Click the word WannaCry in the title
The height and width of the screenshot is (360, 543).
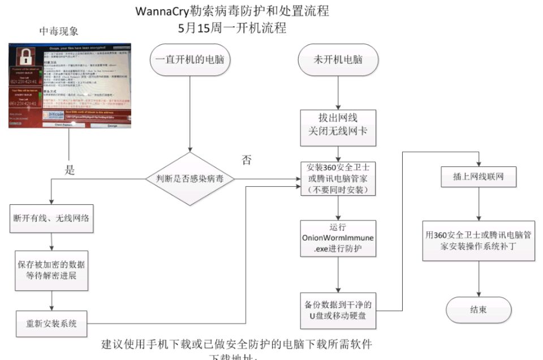pyautogui.click(x=163, y=11)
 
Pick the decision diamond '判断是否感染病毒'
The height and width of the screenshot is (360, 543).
pyautogui.click(x=190, y=179)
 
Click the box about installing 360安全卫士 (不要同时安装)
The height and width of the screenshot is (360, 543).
pyautogui.click(x=338, y=179)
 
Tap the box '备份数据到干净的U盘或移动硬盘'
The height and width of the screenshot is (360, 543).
pyautogui.click(x=338, y=310)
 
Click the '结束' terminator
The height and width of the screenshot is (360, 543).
pyautogui.click(x=479, y=310)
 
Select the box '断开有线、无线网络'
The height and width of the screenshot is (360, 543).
pyautogui.click(x=51, y=219)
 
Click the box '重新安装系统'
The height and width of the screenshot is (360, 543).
pyautogui.click(x=51, y=324)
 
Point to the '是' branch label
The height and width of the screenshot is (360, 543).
pyautogui.click(x=70, y=170)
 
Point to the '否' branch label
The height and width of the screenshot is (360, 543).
pyautogui.click(x=247, y=160)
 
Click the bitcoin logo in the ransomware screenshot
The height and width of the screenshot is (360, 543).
pyautogui.click(x=53, y=114)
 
